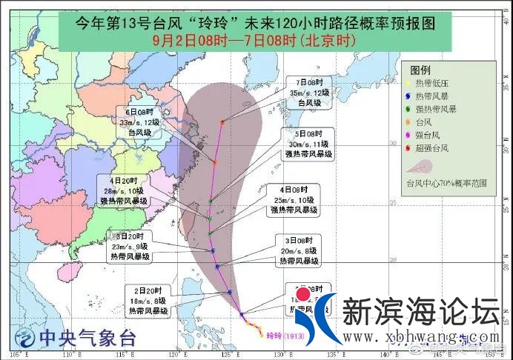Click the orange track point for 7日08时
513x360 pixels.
pos(222,121)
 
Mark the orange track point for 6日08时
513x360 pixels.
pos(214,161)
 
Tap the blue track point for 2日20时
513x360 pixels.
pos(231,292)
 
